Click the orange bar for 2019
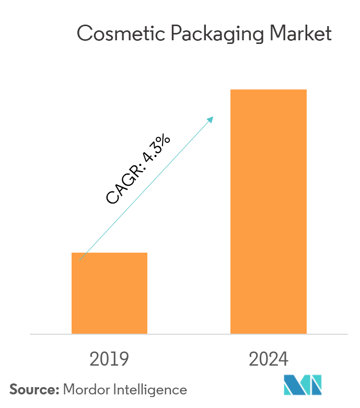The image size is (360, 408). [x=109, y=293]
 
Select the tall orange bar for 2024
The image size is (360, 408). [x=268, y=211]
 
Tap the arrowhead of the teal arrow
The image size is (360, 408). [x=212, y=119]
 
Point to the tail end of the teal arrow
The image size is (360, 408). [x=80, y=259]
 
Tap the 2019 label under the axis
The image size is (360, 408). [x=109, y=359]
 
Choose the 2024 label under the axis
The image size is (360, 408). [x=268, y=359]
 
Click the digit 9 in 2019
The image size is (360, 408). [x=123, y=359]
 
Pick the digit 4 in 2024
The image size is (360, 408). [x=283, y=359]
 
